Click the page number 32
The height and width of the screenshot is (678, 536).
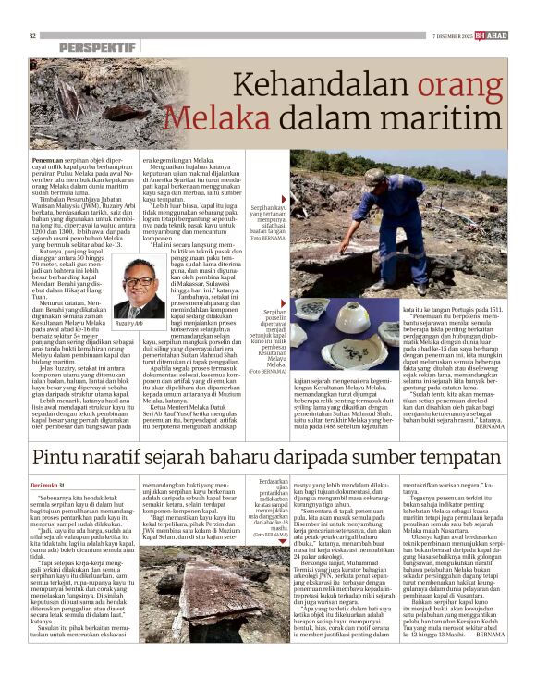pyautogui.click(x=33, y=35)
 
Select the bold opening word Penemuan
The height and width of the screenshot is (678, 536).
pyautogui.click(x=51, y=159)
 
